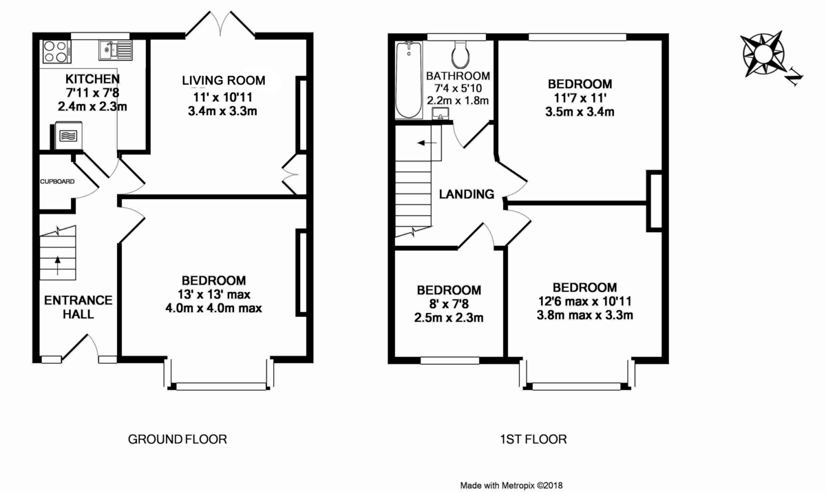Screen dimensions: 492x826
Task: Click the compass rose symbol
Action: (x=763, y=54)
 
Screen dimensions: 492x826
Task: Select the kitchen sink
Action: (x=115, y=49)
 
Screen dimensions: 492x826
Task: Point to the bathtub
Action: (x=408, y=79)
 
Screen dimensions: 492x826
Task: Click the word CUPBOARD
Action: (x=57, y=182)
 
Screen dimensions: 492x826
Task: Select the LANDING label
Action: (x=467, y=194)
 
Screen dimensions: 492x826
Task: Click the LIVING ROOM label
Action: (x=224, y=81)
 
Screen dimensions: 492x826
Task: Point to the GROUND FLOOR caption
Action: (x=178, y=439)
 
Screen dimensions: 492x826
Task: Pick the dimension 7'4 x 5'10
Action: (x=458, y=88)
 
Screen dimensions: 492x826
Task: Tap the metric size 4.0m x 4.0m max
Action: (x=214, y=307)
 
